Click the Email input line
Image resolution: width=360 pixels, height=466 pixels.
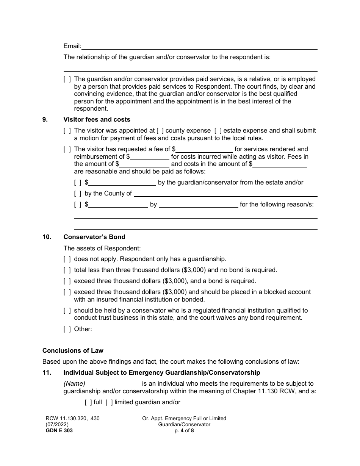pyautogui.click(x=199, y=46)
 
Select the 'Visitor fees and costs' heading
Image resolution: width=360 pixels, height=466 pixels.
pyautogui.click(x=97, y=119)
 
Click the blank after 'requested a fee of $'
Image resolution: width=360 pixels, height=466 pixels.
pyautogui.click(x=204, y=149)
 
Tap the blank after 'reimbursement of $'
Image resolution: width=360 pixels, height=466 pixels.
pyautogui.click(x=150, y=156)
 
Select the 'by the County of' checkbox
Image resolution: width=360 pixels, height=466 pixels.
pyautogui.click(x=78, y=194)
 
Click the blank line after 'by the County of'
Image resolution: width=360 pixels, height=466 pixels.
pyautogui.click(x=225, y=194)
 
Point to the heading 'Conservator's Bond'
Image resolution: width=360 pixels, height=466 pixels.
pyautogui.click(x=94, y=237)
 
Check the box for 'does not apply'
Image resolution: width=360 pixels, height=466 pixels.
pyautogui.click(x=67, y=260)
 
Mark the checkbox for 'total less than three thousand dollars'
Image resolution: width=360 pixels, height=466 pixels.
pyautogui.click(x=67, y=270)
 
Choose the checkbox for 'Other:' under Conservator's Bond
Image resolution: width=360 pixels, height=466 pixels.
pyautogui.click(x=67, y=329)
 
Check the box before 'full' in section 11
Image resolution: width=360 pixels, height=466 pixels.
pyautogui.click(x=88, y=402)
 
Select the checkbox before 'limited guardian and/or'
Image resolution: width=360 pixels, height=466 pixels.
pyautogui.click(x=109, y=402)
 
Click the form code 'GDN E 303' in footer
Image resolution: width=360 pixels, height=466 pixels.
pyautogui.click(x=58, y=430)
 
